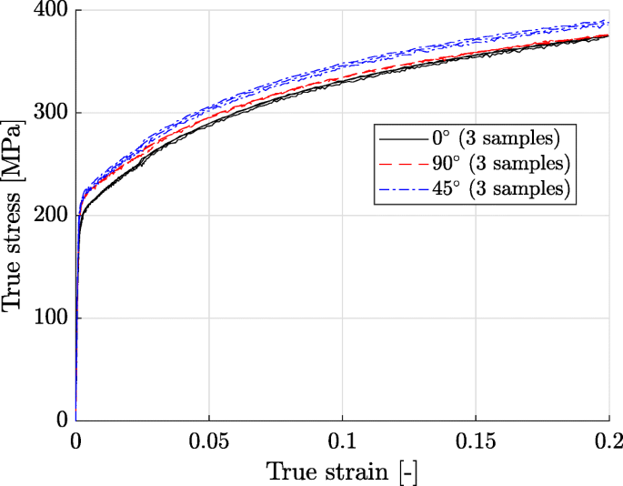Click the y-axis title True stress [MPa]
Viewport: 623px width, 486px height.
pos(14,216)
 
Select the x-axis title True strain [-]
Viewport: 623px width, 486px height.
pos(342,471)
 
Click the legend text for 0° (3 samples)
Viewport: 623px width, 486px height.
pos(496,138)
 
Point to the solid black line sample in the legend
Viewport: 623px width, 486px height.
pos(401,139)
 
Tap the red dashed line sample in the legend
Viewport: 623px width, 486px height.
pos(401,164)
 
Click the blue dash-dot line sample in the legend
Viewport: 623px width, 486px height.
pos(401,188)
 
